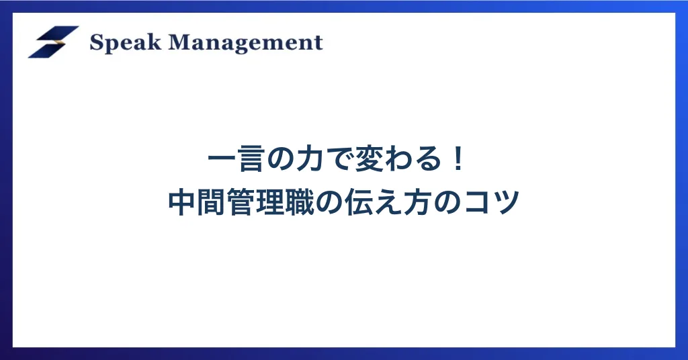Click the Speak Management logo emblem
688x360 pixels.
[x=54, y=42]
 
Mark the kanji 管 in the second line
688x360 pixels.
[x=241, y=202]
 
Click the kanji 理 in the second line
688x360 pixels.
[x=270, y=202]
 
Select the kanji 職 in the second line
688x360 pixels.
[x=300, y=202]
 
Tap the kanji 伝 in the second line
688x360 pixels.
[x=359, y=202]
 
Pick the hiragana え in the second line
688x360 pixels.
[x=388, y=203]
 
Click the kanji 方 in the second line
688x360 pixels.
[x=417, y=202]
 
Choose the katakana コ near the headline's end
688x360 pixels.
[x=476, y=203]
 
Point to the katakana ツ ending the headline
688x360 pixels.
[x=505, y=203]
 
